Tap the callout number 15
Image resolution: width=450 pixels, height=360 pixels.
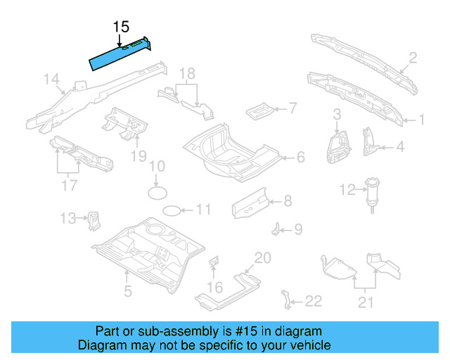coord(121,27)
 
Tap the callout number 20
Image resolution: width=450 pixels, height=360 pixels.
coord(262,258)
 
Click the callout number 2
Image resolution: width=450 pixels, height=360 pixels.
coord(413,58)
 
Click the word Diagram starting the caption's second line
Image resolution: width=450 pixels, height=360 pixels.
coord(99,345)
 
